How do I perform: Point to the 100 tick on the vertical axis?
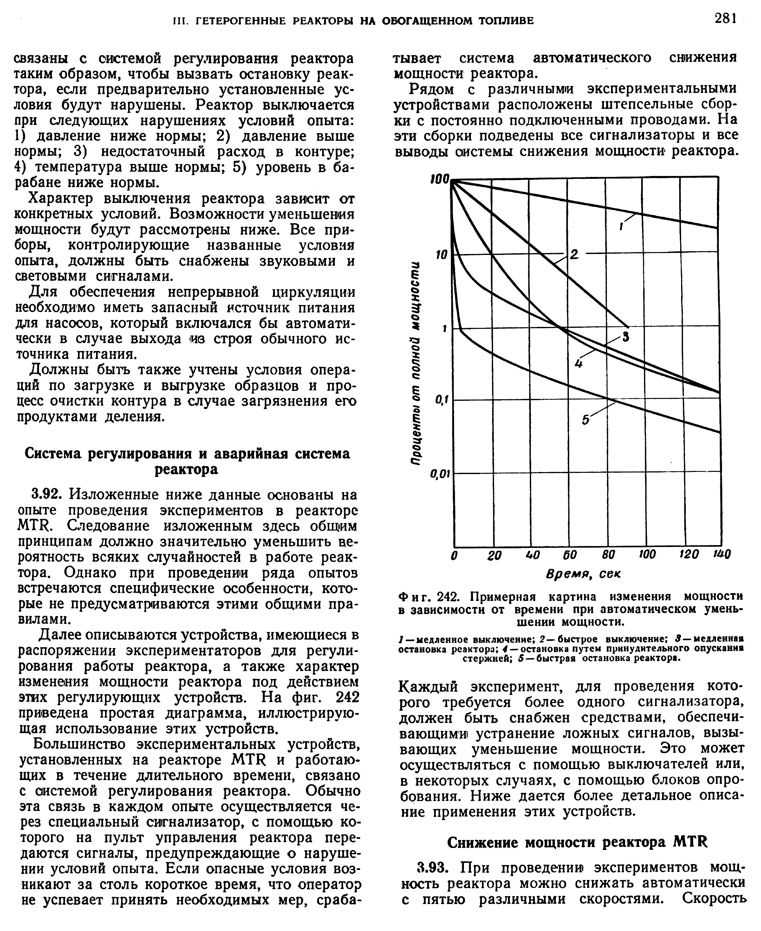click(x=440, y=179)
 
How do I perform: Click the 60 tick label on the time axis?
click(x=570, y=555)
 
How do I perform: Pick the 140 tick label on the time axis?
click(x=722, y=555)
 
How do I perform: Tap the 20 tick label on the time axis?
click(x=494, y=555)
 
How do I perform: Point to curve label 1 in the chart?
click(x=621, y=226)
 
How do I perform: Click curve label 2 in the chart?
click(x=574, y=254)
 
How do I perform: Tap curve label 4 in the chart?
click(x=578, y=363)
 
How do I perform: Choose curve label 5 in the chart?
click(x=586, y=420)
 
